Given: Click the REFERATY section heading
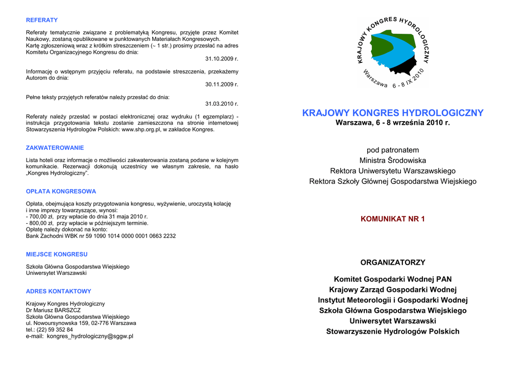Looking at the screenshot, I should (42, 20).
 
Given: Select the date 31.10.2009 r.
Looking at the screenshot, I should (222, 59).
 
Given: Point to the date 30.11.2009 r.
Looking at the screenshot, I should (222, 84).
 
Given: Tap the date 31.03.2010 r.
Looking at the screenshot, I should (222, 104).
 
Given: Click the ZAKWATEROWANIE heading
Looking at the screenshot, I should (55, 148).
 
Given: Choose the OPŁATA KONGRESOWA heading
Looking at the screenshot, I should (61, 192).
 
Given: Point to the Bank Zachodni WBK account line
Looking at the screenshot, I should (101, 236).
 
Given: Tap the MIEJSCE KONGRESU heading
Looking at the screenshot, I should (57, 254).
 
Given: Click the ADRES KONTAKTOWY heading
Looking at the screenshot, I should (59, 291).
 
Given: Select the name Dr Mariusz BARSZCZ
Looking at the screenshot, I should (53, 310).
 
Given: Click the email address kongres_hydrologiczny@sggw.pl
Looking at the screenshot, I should (90, 336).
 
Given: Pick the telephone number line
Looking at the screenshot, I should (50, 330).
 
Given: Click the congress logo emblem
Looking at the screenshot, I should (393, 53).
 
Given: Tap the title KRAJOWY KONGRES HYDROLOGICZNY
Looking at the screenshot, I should (393, 113).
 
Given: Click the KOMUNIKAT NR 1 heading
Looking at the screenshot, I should (393, 219).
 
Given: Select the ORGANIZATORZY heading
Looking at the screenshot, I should (393, 263).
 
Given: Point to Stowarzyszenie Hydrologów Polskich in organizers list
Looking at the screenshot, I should (393, 332).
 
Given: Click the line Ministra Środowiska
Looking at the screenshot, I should (393, 160).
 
